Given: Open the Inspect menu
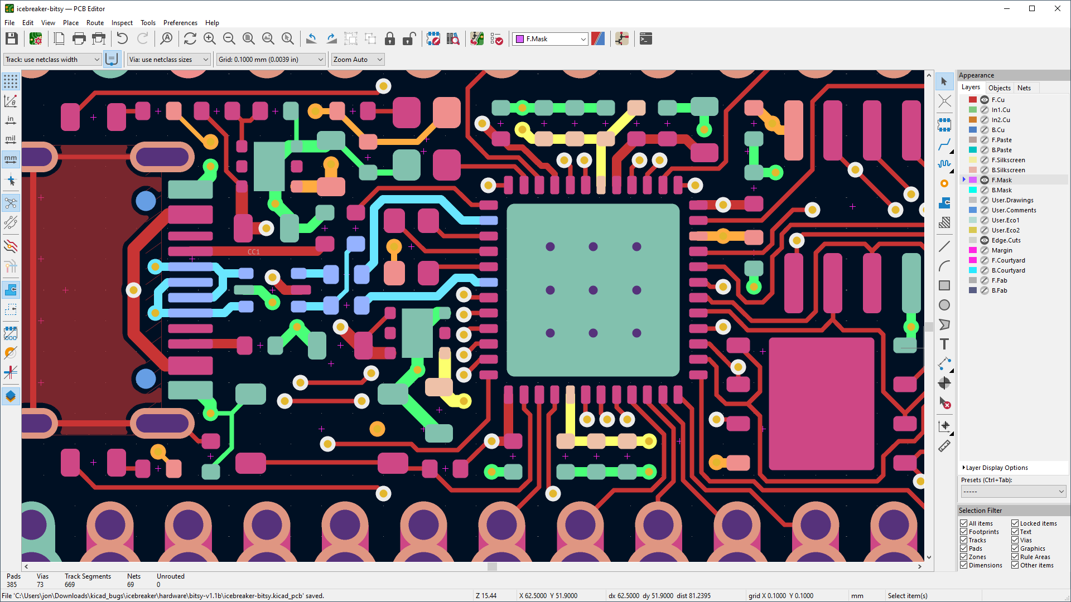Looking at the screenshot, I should pos(122,23).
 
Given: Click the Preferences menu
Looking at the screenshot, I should pos(180,23).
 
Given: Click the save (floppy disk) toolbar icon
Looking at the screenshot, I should pos(12,38).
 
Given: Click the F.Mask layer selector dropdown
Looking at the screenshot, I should pos(550,39).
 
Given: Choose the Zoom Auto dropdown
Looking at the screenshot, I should pos(357,60).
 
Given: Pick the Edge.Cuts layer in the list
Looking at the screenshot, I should pos(1006,240).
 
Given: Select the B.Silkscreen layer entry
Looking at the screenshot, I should pos(1008,170).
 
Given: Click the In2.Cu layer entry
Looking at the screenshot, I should pos(1000,120).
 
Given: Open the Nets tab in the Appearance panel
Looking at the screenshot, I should pos(1024,88).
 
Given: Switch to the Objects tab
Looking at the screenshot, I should pos(999,88).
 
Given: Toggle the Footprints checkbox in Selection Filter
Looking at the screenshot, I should pos(963,532).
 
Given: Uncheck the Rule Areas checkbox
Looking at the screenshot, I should pos(1015,557).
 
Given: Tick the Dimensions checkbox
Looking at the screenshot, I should pos(963,565).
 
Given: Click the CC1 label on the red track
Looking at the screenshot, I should pos(253,252).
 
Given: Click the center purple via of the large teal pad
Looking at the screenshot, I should pos(593,290).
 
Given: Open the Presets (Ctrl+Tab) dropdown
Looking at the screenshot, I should pos(1013,492).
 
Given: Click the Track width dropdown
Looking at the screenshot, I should pos(52,60).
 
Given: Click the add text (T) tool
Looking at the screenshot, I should pos(944,344).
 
